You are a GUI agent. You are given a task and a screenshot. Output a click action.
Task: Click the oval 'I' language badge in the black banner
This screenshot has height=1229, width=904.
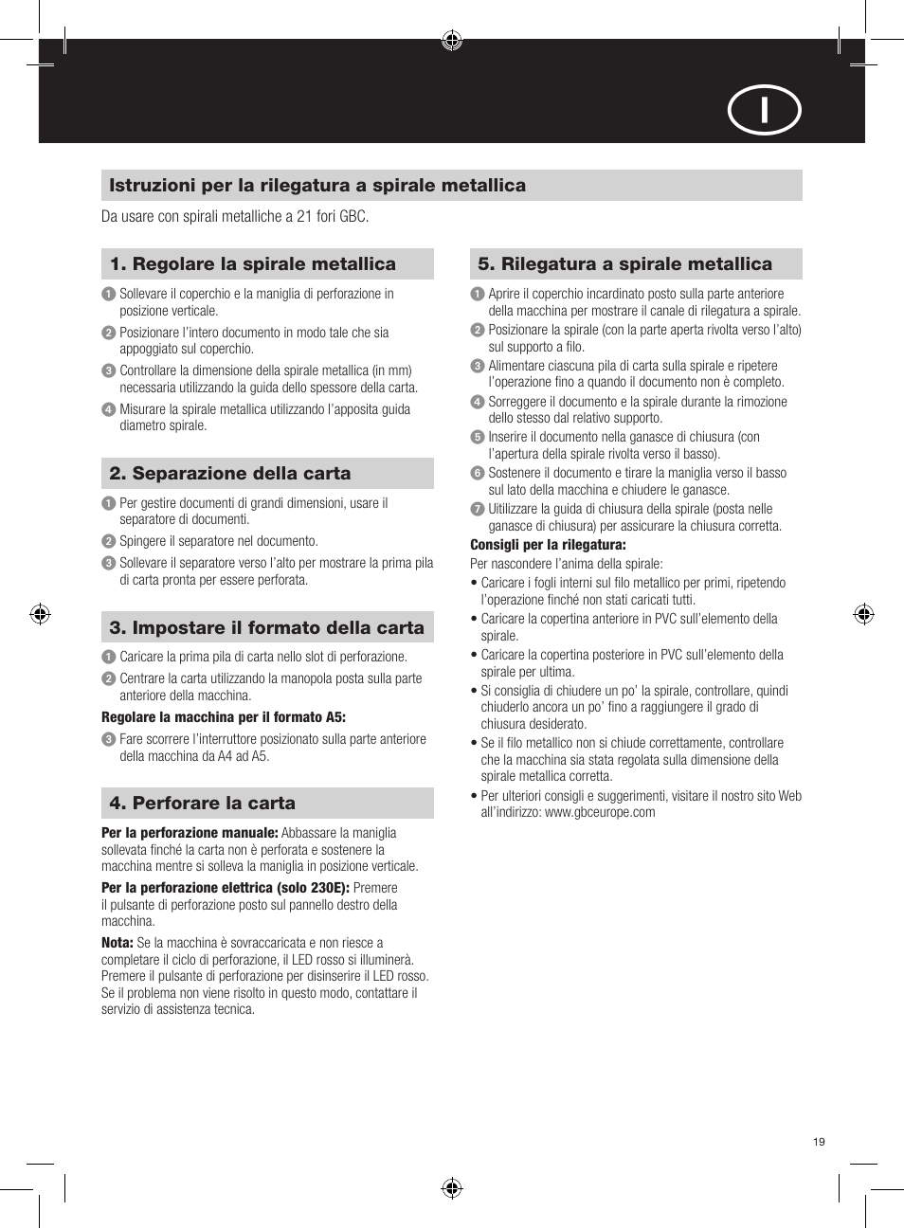[764, 110]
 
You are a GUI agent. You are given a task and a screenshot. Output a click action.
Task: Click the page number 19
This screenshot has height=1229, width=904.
[819, 1141]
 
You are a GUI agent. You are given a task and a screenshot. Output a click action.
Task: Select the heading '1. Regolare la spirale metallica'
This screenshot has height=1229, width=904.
[253, 264]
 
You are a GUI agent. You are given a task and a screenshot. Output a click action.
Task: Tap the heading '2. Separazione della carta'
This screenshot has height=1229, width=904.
[230, 474]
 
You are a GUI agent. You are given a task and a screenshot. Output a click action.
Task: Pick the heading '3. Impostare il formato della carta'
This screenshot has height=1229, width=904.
[267, 628]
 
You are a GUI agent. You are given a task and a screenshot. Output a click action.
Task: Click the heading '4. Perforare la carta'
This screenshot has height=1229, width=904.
[203, 804]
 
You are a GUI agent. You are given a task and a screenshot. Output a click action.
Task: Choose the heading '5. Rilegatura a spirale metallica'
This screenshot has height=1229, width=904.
[625, 264]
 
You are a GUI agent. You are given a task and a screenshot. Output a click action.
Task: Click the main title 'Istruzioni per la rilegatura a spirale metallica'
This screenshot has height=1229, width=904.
[317, 186]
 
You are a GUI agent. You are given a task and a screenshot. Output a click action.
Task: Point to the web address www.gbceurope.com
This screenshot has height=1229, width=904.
[600, 812]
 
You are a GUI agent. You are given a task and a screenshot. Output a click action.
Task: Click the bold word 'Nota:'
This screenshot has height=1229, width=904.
[118, 943]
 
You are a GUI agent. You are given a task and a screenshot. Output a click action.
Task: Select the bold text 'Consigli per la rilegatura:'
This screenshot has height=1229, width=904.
[548, 545]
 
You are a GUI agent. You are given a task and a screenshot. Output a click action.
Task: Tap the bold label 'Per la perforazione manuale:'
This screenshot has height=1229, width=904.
[190, 833]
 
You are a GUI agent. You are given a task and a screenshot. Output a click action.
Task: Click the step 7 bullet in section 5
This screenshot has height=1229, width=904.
[478, 509]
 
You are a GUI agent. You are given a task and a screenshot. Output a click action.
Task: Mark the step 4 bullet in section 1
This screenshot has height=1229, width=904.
[108, 409]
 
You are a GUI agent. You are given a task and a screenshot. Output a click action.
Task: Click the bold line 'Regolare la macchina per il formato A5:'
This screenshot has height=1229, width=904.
[224, 717]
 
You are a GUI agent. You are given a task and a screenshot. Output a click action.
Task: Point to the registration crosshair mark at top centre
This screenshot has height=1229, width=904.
[452, 40]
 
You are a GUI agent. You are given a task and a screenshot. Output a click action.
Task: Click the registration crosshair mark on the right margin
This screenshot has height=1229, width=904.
[863, 614]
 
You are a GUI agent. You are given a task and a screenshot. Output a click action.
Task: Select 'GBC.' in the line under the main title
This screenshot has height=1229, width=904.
[354, 217]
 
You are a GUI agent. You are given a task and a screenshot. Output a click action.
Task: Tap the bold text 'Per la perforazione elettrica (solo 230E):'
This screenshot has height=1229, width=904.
[226, 888]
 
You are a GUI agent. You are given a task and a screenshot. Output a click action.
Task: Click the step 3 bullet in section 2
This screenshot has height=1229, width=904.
[108, 563]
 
